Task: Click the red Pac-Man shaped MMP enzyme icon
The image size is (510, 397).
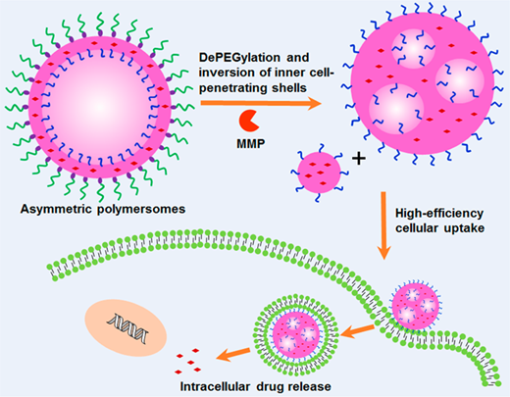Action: pos(249,121)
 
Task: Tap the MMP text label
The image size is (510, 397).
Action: pos(251,143)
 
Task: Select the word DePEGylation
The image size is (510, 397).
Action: pos(239,58)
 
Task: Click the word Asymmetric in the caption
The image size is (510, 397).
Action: pos(57,209)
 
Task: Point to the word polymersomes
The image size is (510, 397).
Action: pos(141,209)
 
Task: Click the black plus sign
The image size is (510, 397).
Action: pos(359,159)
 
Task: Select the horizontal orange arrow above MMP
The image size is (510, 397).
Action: pos(261,103)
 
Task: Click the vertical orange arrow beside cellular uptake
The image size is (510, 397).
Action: pos(383,225)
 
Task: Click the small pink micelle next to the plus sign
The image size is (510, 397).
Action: pos(319,173)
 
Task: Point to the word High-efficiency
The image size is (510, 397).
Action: pos(439,214)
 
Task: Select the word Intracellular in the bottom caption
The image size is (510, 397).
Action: pos(216,387)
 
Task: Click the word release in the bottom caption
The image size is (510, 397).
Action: pos(310,387)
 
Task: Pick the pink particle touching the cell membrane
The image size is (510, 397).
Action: pos(416,307)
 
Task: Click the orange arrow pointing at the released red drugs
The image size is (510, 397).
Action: pos(232,354)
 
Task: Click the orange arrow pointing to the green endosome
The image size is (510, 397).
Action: pos(357,331)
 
